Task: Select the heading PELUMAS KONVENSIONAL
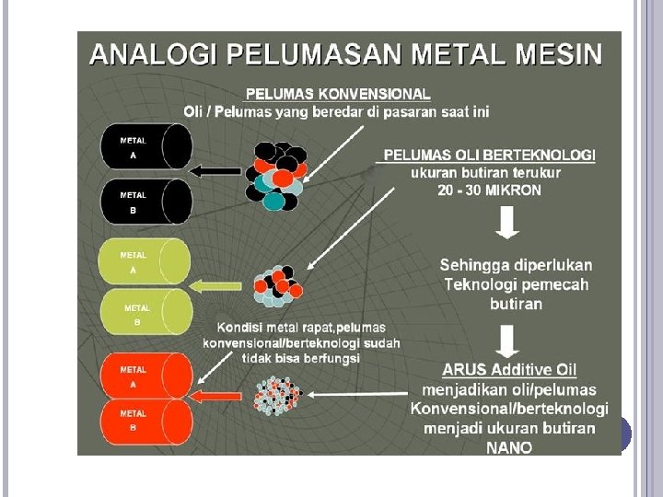click(x=337, y=94)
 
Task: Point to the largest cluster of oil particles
click(x=277, y=175)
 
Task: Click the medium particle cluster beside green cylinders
click(x=277, y=285)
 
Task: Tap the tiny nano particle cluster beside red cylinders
click(x=279, y=394)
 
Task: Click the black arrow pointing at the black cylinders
click(x=215, y=170)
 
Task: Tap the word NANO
click(x=509, y=448)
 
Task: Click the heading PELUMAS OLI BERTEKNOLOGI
click(x=489, y=155)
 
